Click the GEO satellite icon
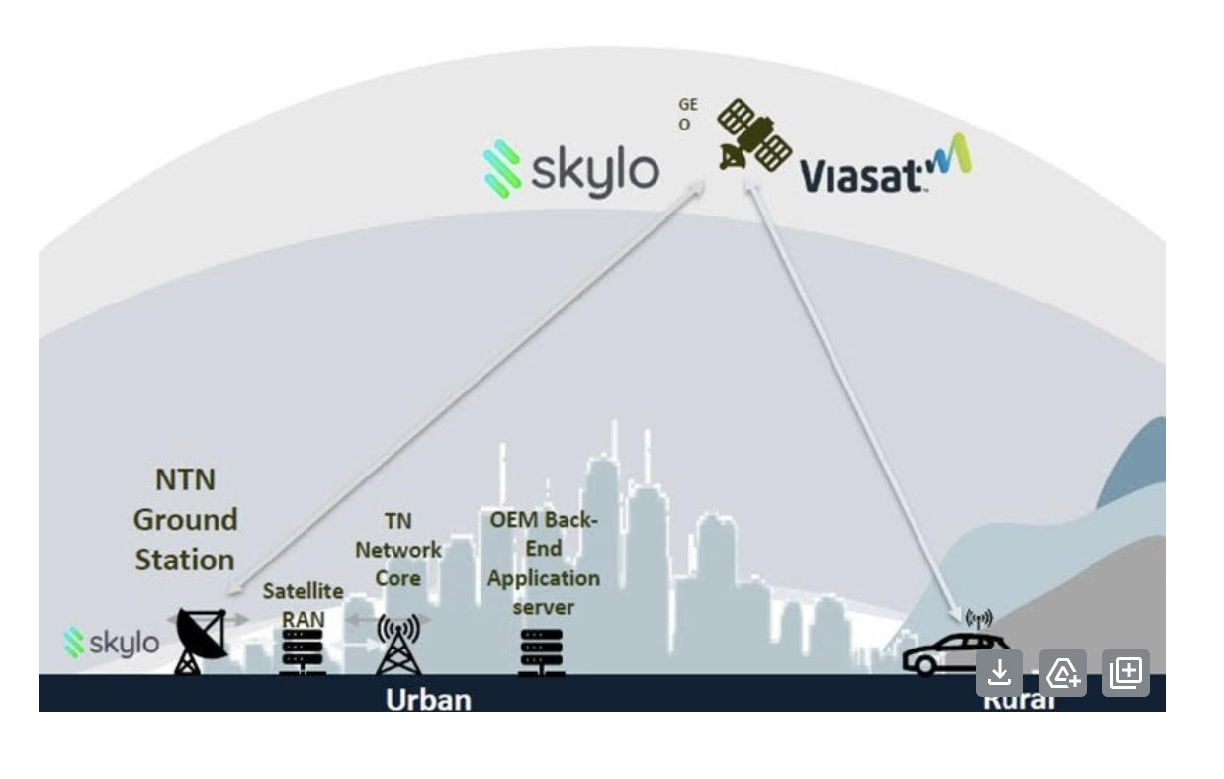pyautogui.click(x=753, y=134)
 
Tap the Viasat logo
pyautogui.click(x=883, y=167)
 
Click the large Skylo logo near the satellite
pyautogui.click(x=571, y=169)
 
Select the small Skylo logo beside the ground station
pyautogui.click(x=112, y=643)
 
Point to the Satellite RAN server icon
pyautogui.click(x=302, y=651)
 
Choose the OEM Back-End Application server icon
pyautogui.click(x=542, y=651)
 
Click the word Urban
pyautogui.click(x=427, y=699)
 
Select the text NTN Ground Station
pyautogui.click(x=185, y=519)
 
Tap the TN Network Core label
pyautogui.click(x=398, y=549)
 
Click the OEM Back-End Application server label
pyautogui.click(x=543, y=562)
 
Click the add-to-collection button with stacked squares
pyautogui.click(x=1126, y=673)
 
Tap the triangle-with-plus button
pyautogui.click(x=1063, y=673)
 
